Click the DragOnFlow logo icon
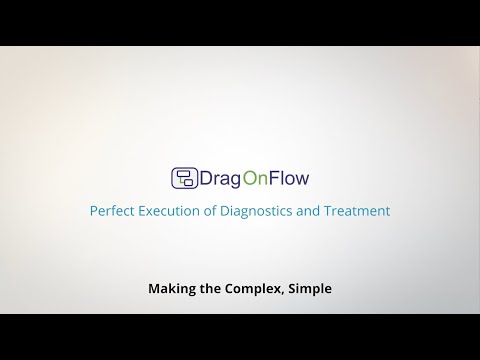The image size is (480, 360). pyautogui.click(x=185, y=179)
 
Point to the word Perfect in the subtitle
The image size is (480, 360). pyautogui.click(x=112, y=211)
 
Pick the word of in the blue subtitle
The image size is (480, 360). pyautogui.click(x=217, y=211)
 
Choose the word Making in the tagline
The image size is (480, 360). pyautogui.click(x=172, y=289)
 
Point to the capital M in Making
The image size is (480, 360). pyautogui.click(x=154, y=289)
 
